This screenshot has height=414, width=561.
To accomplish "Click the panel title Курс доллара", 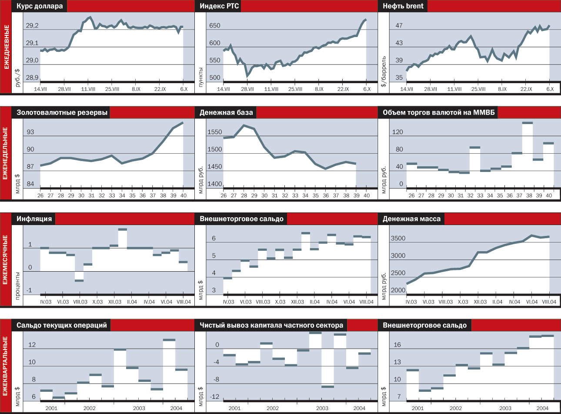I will pyautogui.click(x=40, y=6).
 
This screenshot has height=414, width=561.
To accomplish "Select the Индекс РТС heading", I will pyautogui.click(x=219, y=6).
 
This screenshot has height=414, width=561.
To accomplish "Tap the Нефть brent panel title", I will pyautogui.click(x=403, y=6).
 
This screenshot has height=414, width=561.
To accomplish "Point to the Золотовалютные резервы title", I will pyautogui.click(x=62, y=112).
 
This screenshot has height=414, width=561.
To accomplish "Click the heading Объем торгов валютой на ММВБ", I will pyautogui.click(x=438, y=112).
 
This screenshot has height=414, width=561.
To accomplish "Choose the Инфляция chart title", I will pyautogui.click(x=34, y=219).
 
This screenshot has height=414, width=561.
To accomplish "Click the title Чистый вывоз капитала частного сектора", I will pyautogui.click(x=271, y=325).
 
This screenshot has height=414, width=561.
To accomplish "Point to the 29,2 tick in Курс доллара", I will pyautogui.click(x=32, y=26).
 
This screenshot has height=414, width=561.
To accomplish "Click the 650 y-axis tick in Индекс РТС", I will pyautogui.click(x=214, y=26).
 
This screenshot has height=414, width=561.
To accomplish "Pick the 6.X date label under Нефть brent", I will pyautogui.click(x=550, y=89).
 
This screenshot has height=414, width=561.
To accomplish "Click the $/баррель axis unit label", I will pyautogui.click(x=383, y=71).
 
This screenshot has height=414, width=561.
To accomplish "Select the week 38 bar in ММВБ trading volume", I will pyautogui.click(x=527, y=123).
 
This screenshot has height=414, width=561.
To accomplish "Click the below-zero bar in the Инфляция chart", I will pyautogui.click(x=79, y=280).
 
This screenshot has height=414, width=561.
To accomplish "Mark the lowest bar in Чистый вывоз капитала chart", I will pyautogui.click(x=327, y=386).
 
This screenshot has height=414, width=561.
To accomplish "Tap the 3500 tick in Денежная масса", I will pyautogui.click(x=397, y=239).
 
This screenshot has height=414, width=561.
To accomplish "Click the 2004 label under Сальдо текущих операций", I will pyautogui.click(x=176, y=408).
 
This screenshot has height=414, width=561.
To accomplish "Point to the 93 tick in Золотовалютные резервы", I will pyautogui.click(x=31, y=132).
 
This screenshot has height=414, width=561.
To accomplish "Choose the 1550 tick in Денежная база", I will pyautogui.click(x=214, y=132).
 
